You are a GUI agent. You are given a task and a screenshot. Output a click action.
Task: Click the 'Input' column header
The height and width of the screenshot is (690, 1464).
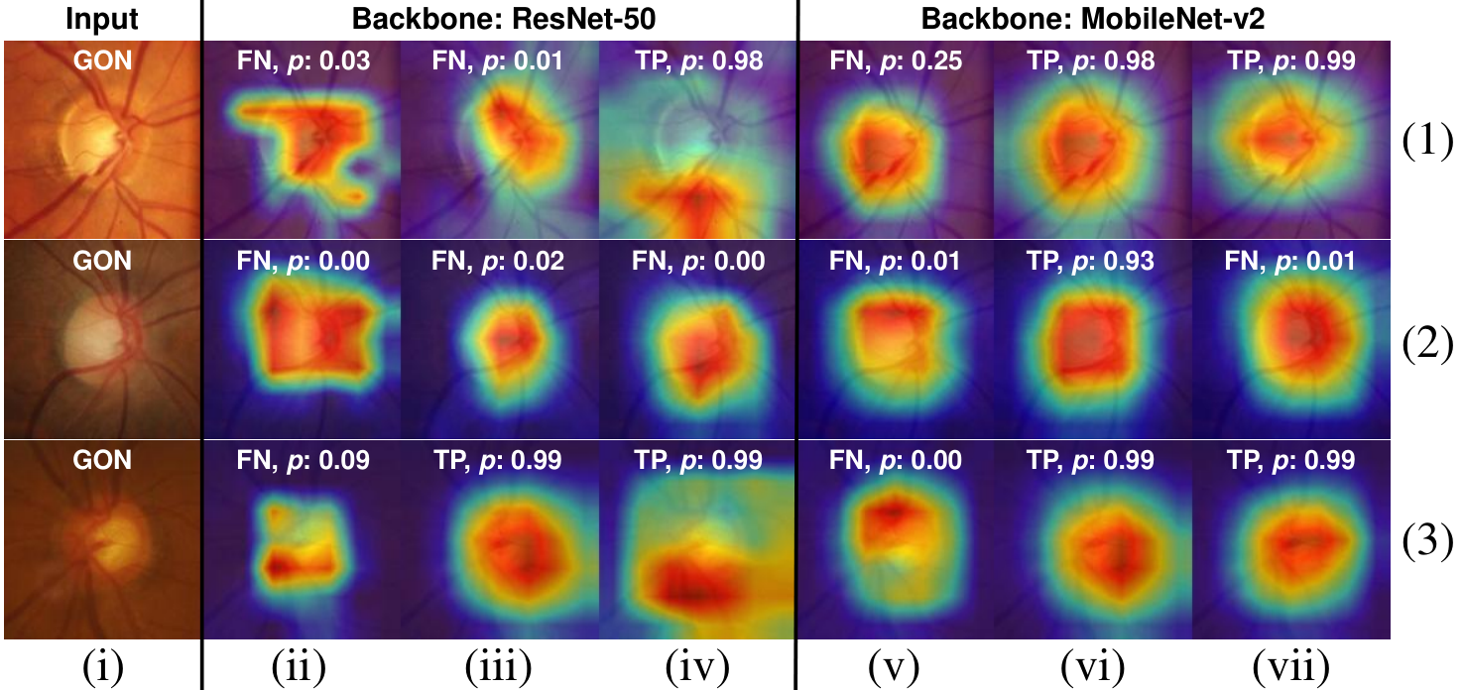pos(102,19)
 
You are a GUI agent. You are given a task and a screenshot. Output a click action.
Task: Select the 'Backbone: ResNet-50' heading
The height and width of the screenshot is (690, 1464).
pos(503,19)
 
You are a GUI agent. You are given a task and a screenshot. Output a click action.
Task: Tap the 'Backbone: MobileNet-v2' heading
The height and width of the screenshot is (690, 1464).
pos(1093,19)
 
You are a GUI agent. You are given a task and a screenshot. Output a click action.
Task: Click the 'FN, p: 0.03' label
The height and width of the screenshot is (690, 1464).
pos(304,61)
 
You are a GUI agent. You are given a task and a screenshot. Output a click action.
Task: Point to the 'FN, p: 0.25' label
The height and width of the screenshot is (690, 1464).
pos(896,61)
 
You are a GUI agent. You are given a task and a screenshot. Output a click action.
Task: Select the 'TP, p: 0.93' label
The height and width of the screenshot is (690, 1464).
pos(1091,262)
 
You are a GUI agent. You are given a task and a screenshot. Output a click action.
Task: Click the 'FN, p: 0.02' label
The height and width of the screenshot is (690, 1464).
pos(497,262)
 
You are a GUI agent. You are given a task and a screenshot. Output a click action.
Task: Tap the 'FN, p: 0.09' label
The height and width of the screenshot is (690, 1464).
pos(304,461)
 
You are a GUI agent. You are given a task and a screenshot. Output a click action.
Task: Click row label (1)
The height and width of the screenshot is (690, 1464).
pos(1427,141)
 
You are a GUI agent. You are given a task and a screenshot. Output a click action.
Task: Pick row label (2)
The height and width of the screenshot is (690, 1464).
pos(1427,342)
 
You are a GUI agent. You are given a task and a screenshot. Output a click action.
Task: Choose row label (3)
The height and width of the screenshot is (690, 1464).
pos(1427,541)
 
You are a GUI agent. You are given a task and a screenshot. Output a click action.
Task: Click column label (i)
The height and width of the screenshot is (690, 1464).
pos(102,668)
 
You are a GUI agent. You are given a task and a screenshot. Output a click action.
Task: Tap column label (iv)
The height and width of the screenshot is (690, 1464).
pos(697,668)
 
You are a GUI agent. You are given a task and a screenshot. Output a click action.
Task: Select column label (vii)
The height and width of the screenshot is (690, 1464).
pos(1290,668)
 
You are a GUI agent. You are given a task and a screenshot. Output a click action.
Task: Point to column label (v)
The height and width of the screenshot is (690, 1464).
pos(894,668)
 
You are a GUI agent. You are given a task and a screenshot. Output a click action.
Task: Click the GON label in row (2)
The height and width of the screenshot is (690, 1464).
pos(102,262)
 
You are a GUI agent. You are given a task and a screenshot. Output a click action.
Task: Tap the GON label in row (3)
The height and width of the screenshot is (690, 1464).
pos(102,461)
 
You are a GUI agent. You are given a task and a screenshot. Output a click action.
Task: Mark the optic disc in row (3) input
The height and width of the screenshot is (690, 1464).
pos(111,543)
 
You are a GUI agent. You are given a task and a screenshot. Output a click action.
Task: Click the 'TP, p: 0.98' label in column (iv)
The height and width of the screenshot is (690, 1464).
pos(698,61)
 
